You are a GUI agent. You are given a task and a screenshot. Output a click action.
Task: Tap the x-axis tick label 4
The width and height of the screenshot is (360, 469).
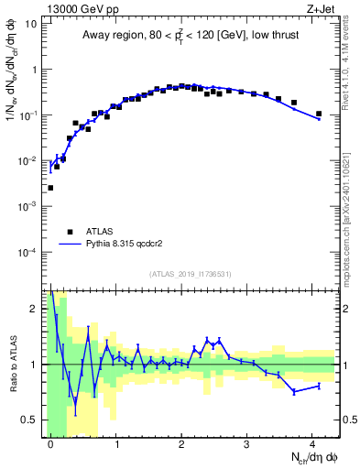click(x=312, y=443)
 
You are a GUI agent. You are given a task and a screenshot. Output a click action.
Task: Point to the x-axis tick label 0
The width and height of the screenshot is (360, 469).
click(x=50, y=443)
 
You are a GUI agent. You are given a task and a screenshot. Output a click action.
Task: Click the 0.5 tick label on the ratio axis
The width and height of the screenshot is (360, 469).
click(x=31, y=420)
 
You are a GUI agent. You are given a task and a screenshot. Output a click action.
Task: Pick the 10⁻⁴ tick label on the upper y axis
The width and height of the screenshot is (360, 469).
click(x=29, y=252)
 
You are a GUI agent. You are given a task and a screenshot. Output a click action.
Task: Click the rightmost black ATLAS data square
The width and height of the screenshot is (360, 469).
click(x=319, y=115)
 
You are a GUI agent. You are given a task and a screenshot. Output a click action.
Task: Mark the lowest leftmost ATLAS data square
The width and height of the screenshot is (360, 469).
click(x=50, y=188)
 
